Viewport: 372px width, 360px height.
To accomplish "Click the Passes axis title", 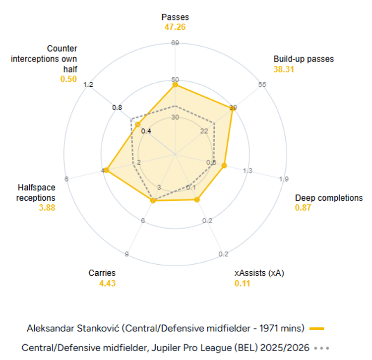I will [x=175, y=17].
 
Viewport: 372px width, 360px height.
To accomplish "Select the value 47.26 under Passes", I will [x=175, y=27].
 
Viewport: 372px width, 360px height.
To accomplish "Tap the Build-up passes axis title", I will [x=304, y=59].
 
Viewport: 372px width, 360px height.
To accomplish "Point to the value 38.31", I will [x=284, y=69].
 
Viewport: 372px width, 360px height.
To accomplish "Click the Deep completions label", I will [x=329, y=198].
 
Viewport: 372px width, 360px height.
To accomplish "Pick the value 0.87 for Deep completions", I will [x=303, y=208].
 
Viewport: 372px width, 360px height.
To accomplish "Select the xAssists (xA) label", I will [x=260, y=273].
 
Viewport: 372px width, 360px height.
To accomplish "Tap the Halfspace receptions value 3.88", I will [x=47, y=208].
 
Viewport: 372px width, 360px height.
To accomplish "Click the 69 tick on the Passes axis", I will [x=175, y=43].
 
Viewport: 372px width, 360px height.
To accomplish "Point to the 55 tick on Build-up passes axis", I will [x=262, y=84].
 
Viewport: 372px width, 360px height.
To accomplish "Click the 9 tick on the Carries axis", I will [x=127, y=254].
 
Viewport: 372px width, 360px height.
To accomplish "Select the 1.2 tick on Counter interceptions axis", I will [x=88, y=84].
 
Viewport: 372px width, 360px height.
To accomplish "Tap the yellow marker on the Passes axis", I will [x=175, y=85].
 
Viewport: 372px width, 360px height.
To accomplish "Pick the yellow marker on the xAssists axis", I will [x=197, y=199].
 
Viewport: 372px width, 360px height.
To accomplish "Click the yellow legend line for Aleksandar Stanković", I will [x=316, y=328].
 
